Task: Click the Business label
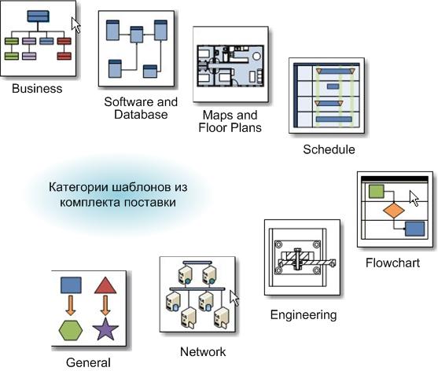pyautogui.click(x=37, y=89)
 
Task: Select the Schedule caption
pyautogui.click(x=329, y=149)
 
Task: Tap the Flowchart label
pyautogui.click(x=392, y=263)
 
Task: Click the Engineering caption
pyautogui.click(x=304, y=315)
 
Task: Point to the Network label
pyautogui.click(x=203, y=351)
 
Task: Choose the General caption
pyautogui.click(x=88, y=363)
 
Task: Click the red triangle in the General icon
pyautogui.click(x=105, y=285)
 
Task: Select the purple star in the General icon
pyautogui.click(x=105, y=329)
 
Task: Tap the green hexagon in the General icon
pyautogui.click(x=71, y=330)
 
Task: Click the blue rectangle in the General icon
pyautogui.click(x=71, y=285)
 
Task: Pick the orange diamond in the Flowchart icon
pyautogui.click(x=394, y=211)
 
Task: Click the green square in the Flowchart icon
pyautogui.click(x=376, y=192)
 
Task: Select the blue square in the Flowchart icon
pyautogui.click(x=414, y=229)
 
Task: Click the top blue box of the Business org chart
pyautogui.click(x=39, y=17)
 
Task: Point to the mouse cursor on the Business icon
pyautogui.click(x=75, y=25)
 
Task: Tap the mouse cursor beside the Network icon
pyautogui.click(x=234, y=298)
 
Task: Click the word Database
pyautogui.click(x=141, y=115)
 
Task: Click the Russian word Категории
pyautogui.click(x=79, y=187)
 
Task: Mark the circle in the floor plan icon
pyautogui.click(x=256, y=57)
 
